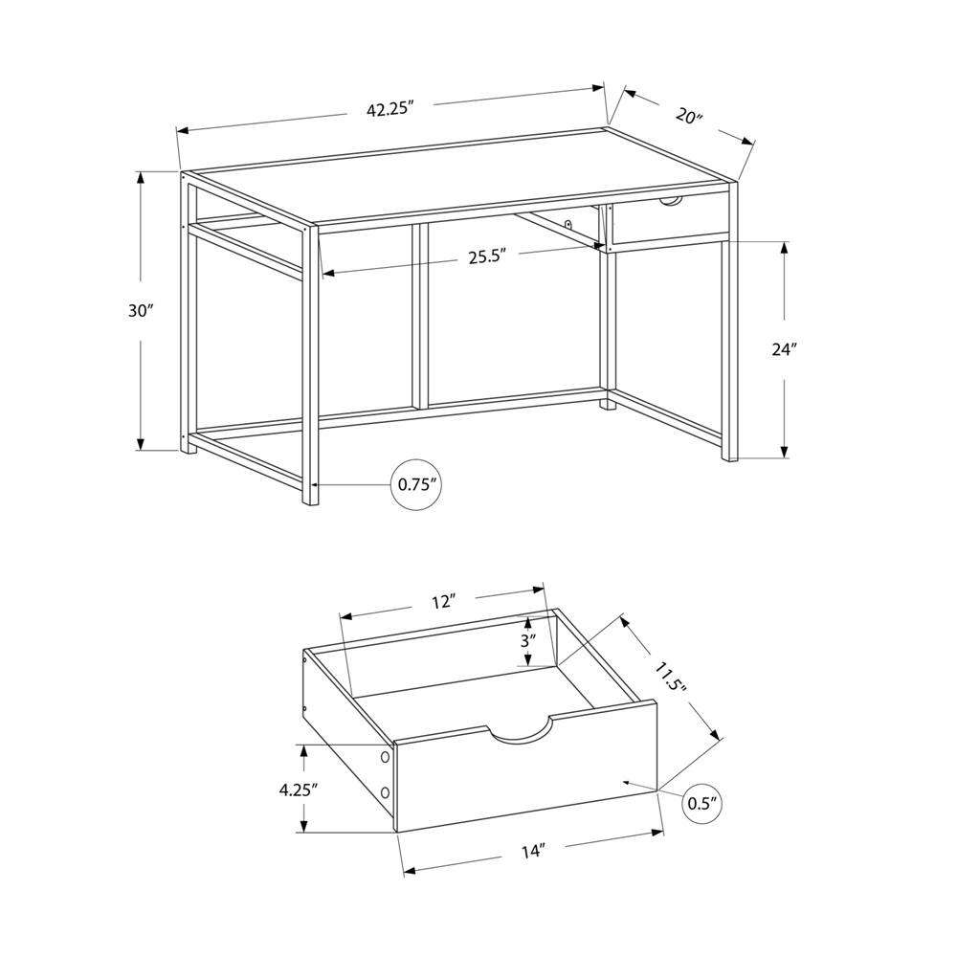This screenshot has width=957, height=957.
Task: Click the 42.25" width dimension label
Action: coord(390,110)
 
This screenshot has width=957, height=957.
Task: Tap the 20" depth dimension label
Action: coord(689,116)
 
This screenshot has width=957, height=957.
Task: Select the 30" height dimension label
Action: coord(140,311)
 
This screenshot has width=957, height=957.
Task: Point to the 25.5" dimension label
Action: coord(488,256)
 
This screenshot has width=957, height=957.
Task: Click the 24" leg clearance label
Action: coord(785,349)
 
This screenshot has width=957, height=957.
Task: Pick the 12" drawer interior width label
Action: coord(444,602)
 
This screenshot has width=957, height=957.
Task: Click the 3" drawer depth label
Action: coord(528,641)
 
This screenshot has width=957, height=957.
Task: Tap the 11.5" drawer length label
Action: coord(670,677)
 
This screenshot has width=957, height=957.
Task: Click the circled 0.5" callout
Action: coord(702,803)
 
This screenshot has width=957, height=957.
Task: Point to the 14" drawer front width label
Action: coord(533,852)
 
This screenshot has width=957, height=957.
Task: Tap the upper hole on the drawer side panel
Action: coord(385,757)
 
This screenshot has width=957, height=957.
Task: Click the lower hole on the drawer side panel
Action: coord(385,792)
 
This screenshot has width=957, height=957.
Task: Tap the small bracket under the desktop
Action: coord(568,224)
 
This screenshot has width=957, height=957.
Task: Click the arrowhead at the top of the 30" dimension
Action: coord(141,177)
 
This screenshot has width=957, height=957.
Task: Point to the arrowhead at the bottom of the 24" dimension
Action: coord(785,452)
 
